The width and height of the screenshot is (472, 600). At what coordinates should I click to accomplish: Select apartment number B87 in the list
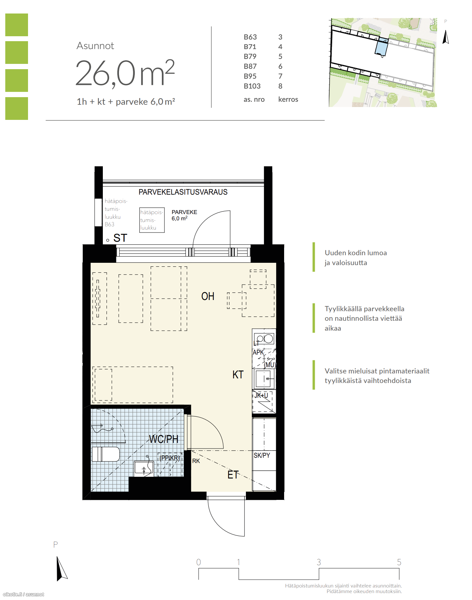(x=250, y=66)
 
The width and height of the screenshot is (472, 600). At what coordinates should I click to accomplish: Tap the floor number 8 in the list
(x=280, y=86)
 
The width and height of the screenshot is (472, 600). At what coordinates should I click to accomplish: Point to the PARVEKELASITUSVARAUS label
(x=183, y=192)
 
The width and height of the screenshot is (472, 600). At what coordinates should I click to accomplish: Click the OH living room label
(x=208, y=296)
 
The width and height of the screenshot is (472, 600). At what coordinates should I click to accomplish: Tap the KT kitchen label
(x=238, y=375)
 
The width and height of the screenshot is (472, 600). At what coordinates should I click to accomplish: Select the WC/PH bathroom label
(x=163, y=439)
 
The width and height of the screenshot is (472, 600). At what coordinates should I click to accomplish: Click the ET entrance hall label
(x=233, y=475)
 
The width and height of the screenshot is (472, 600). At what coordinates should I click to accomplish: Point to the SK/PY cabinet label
(x=262, y=455)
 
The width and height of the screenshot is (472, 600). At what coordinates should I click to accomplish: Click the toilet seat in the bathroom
(x=106, y=454)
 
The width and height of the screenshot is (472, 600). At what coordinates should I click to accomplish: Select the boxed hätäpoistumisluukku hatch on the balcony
(x=152, y=220)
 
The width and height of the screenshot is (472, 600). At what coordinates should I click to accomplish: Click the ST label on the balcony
(x=120, y=238)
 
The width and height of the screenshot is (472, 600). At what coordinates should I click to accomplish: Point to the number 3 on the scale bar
(x=319, y=562)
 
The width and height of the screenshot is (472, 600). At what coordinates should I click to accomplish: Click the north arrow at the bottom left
(x=61, y=569)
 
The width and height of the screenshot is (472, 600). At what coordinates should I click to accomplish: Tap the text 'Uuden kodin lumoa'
(x=356, y=253)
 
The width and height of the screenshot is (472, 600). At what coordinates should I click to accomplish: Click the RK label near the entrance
(x=196, y=461)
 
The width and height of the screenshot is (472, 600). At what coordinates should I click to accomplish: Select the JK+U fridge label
(x=261, y=395)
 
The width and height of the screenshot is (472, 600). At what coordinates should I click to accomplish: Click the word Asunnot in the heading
(x=95, y=46)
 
